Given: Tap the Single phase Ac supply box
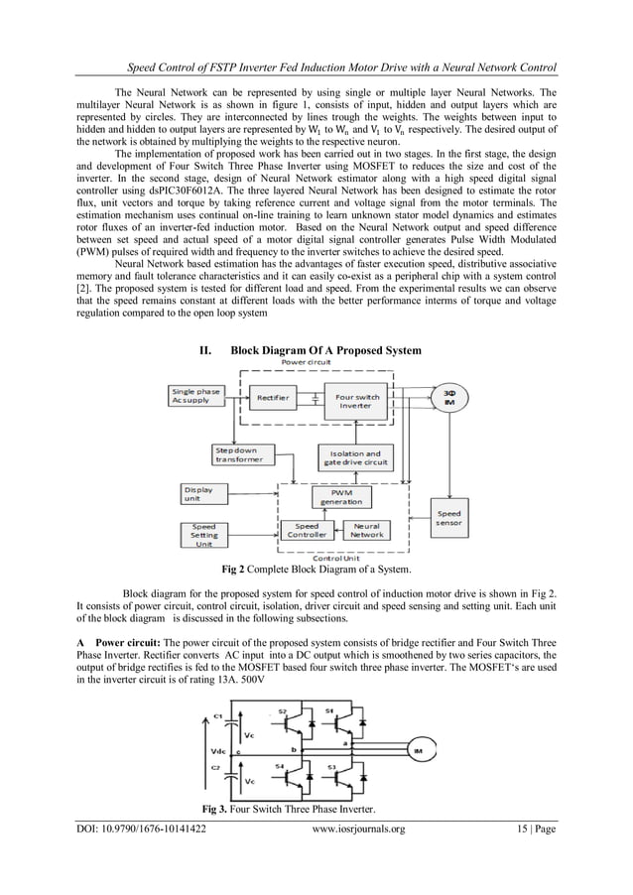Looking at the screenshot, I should [195, 396].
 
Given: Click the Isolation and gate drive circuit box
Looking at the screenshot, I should [353, 457].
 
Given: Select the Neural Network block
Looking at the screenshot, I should [366, 530].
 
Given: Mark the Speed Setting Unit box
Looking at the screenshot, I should [203, 534].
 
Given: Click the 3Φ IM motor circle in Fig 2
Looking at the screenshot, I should [449, 399].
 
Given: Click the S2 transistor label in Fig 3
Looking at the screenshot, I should [282, 711].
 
